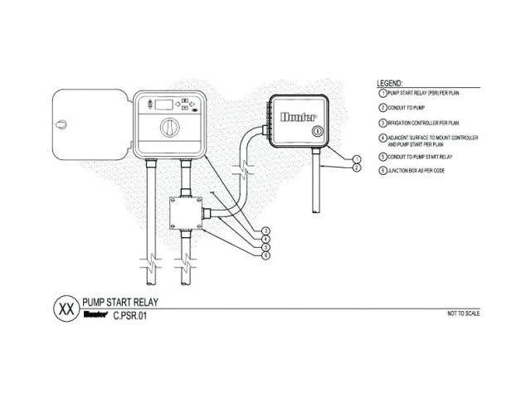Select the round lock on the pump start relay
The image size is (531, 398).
tap(316, 132)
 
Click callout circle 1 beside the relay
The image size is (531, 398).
tap(355, 158)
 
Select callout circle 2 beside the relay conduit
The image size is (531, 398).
tap(355, 167)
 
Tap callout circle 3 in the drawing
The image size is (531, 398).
tap(265, 230)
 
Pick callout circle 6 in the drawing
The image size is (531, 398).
tap(265, 255)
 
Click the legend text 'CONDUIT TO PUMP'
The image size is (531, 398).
tap(406, 108)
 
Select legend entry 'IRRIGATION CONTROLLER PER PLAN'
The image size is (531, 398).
tap(418, 122)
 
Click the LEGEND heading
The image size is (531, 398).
tap(390, 84)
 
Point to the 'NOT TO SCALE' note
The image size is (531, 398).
tap(463, 314)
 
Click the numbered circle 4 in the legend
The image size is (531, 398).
tap(382, 138)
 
